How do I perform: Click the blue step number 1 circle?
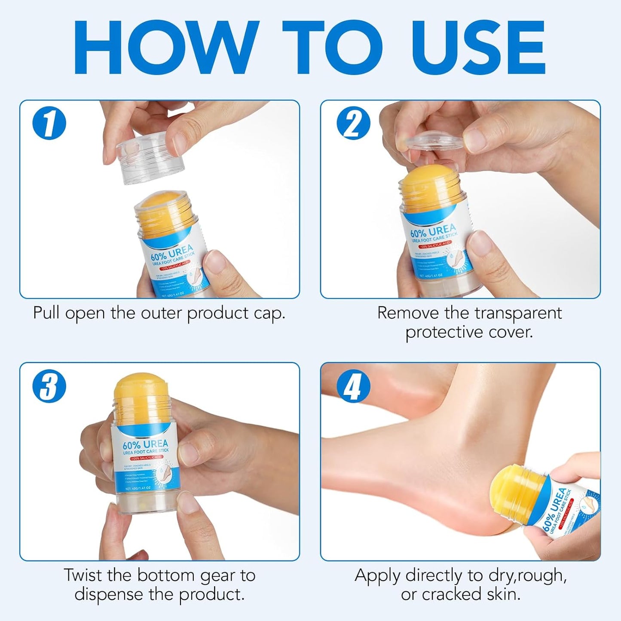(x=49, y=123)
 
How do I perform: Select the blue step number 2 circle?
(x=353, y=123)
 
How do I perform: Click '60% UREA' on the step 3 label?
(x=145, y=444)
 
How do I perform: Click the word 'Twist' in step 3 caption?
(x=83, y=575)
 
